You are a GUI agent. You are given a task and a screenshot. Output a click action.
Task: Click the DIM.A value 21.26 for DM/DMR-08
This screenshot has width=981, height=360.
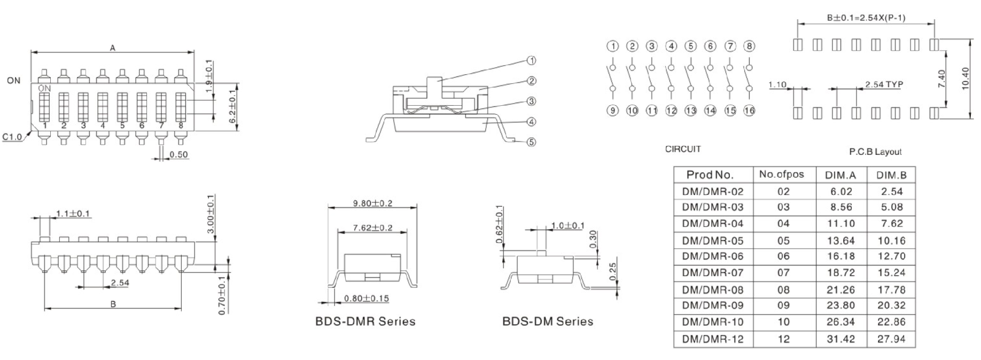840,289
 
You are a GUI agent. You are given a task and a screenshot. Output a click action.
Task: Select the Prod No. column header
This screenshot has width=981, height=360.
710,175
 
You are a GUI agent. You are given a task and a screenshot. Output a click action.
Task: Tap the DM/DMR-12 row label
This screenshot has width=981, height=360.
712,339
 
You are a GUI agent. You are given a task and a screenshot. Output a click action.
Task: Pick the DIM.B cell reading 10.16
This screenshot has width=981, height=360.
891,240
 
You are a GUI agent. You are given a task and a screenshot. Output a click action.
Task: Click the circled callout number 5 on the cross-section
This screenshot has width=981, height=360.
531,142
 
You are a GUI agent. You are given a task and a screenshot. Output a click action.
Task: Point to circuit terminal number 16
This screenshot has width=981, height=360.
749,111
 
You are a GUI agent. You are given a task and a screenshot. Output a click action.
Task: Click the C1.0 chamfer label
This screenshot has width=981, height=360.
11,137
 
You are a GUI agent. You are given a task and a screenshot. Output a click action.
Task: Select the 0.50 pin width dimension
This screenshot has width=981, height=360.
178,155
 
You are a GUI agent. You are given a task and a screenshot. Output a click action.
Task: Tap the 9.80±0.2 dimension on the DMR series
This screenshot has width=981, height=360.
372,204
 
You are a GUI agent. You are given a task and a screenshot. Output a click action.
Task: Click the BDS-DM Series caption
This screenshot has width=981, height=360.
547,321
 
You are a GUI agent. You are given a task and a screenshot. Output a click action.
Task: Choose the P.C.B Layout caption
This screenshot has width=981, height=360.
875,152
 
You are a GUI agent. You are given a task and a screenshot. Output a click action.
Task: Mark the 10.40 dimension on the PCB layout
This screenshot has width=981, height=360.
966,79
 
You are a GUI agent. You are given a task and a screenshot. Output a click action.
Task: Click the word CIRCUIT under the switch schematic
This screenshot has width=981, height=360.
682,149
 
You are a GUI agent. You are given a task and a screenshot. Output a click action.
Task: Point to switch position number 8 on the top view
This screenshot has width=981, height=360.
181,126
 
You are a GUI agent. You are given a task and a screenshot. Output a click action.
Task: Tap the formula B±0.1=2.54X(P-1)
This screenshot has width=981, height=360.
866,18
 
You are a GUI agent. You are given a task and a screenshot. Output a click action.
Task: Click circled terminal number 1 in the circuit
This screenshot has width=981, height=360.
613,46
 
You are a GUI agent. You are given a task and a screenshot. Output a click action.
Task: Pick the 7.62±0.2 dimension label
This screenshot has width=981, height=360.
372,228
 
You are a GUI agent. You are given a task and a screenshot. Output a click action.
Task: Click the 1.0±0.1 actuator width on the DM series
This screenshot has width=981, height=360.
567,226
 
